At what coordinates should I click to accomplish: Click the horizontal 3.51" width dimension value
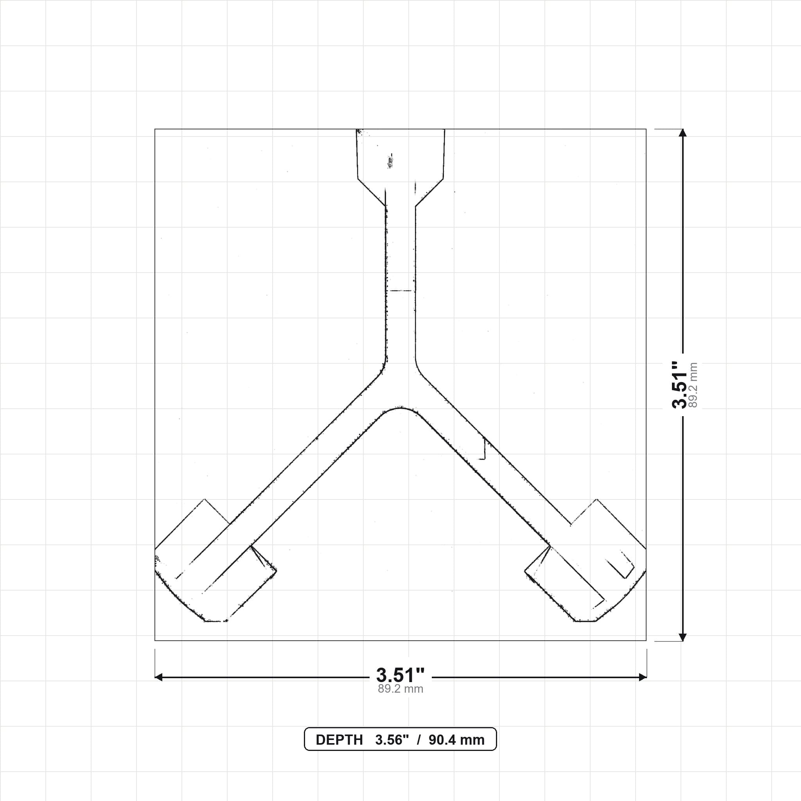tap(400, 675)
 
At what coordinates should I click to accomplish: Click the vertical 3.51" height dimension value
tap(679, 385)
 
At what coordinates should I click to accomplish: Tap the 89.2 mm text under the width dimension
tap(400, 689)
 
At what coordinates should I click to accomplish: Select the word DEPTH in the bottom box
tap(339, 740)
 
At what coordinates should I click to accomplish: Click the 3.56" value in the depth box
tap(392, 740)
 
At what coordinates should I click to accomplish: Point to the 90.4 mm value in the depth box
tap(456, 740)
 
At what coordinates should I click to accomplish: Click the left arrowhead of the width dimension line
tap(158, 677)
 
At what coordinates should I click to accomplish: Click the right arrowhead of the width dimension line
tap(643, 677)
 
